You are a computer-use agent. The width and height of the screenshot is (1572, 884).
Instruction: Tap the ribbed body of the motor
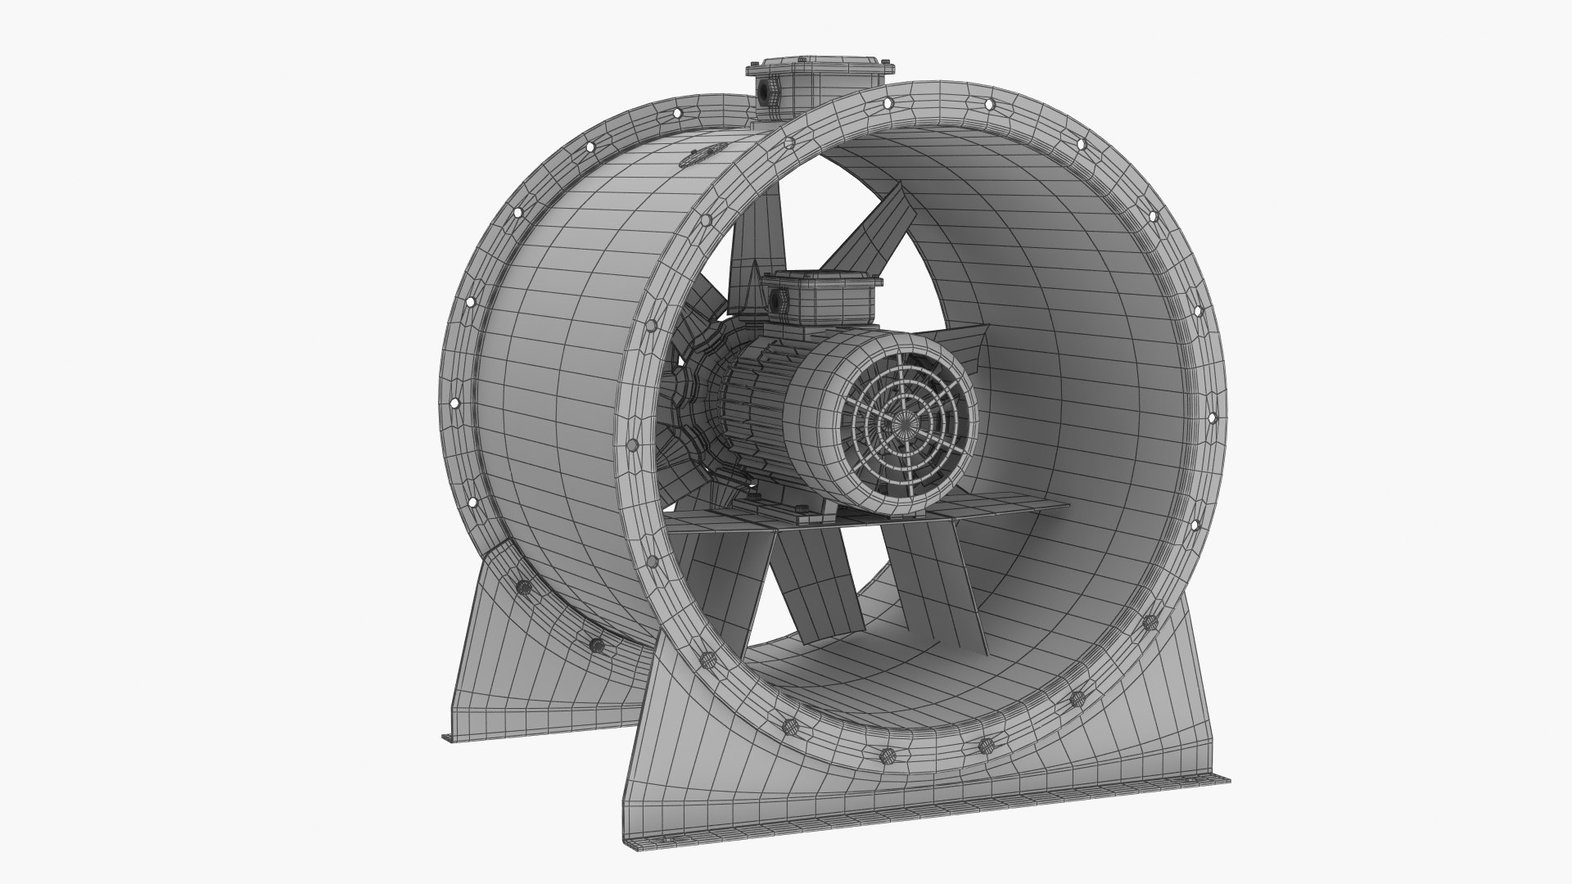749,409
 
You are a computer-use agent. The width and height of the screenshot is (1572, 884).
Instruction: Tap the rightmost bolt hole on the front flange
1213,421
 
